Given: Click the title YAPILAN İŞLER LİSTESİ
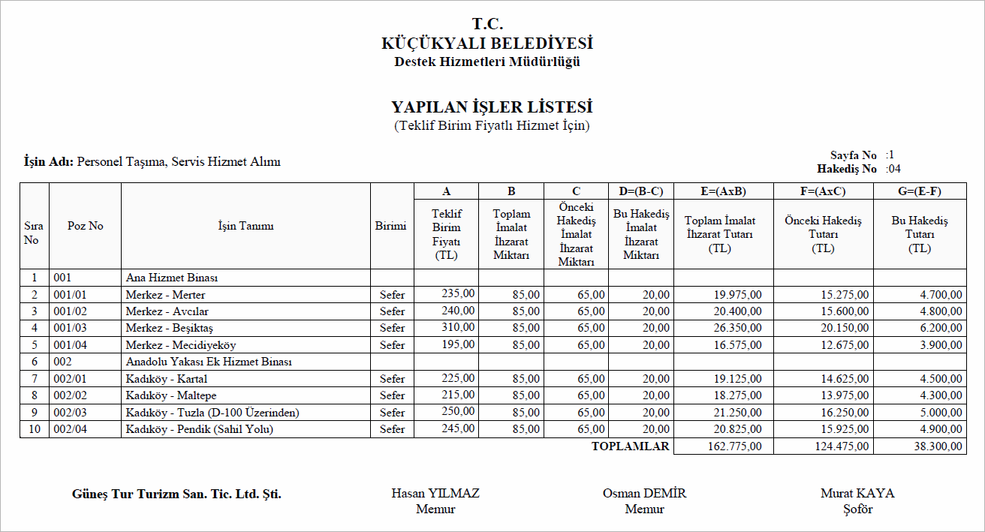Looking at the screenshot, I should [x=492, y=107].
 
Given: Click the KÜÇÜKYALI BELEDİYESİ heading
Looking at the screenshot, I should [x=486, y=44].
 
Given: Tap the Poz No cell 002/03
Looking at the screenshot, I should [x=71, y=413].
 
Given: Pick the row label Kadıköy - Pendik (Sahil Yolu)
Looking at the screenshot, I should [x=199, y=429].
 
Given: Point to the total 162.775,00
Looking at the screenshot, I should [x=734, y=446].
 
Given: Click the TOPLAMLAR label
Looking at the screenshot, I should [x=630, y=446].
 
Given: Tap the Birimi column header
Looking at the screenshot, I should [x=390, y=226].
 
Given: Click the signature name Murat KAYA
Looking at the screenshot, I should [x=857, y=493].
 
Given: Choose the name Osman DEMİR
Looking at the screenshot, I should [x=644, y=493].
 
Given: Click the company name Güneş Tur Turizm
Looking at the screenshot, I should [x=176, y=494].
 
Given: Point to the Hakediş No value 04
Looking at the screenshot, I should [x=893, y=169].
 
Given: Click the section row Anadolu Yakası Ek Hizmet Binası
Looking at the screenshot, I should [x=209, y=362].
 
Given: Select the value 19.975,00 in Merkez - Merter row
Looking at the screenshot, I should [x=737, y=295].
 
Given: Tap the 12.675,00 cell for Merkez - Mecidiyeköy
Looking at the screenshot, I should [x=845, y=345].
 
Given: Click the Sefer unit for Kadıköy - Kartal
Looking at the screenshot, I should [x=392, y=379].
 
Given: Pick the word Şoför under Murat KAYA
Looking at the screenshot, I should [x=857, y=509].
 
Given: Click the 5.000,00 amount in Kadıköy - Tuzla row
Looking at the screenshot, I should [x=941, y=413].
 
